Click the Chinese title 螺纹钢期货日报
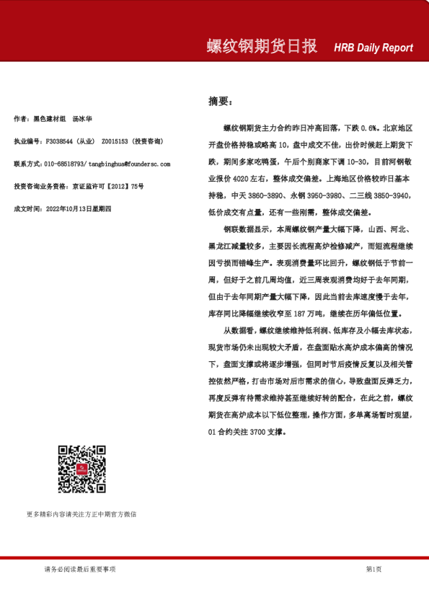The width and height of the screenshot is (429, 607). click(x=262, y=47)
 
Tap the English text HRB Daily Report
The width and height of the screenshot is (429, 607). click(x=373, y=48)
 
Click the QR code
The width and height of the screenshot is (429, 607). click(x=81, y=469)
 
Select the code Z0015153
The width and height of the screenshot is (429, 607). click(x=116, y=141)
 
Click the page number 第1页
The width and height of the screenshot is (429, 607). click(x=373, y=570)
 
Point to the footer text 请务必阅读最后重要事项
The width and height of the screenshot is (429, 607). click(x=80, y=570)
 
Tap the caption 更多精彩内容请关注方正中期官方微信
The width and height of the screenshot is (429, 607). click(x=81, y=514)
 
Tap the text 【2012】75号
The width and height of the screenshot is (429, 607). click(x=123, y=186)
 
